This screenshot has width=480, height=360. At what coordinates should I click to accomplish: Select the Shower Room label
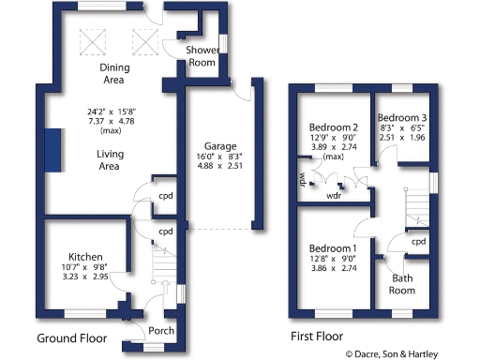202,55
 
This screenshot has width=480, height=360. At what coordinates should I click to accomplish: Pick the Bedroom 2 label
335,127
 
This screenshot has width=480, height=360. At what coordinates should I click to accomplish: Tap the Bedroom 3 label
403,117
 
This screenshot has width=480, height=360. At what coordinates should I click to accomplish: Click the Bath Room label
401,284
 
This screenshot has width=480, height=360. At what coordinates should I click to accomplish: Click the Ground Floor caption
71,337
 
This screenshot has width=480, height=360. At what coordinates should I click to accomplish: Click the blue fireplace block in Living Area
52,151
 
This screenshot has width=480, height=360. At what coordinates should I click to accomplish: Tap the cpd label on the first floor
420,242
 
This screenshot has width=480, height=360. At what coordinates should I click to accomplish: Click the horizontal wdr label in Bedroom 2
333,197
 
